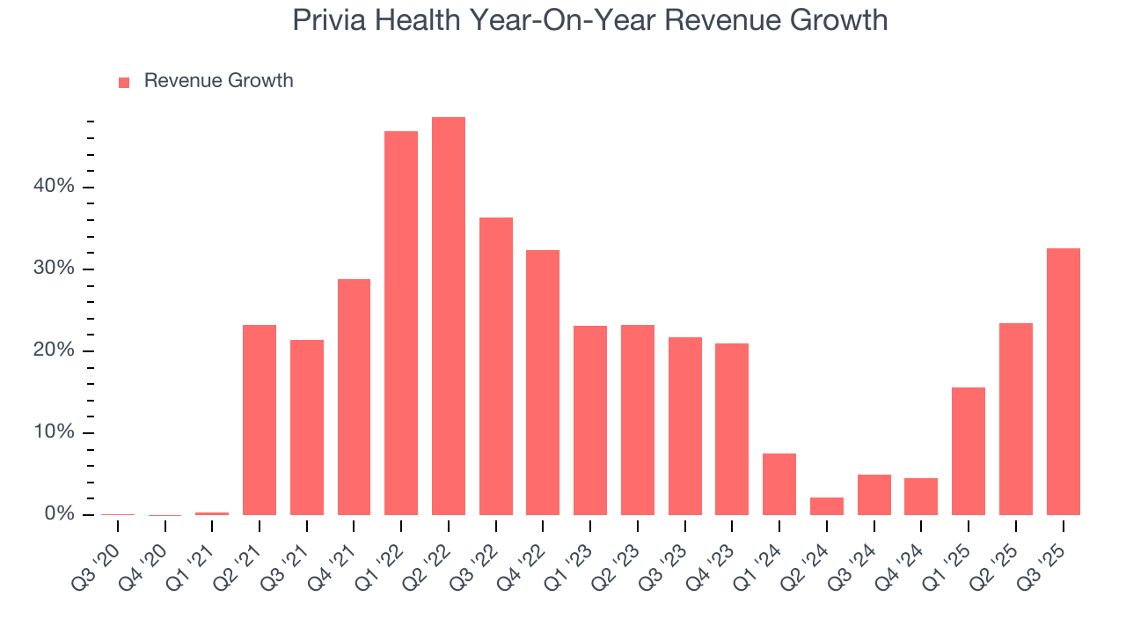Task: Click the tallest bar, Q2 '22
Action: click(449, 316)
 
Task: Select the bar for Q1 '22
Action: click(401, 323)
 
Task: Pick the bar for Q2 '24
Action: click(827, 506)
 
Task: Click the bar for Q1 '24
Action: click(779, 484)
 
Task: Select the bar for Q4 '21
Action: click(354, 397)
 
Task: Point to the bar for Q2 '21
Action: click(260, 420)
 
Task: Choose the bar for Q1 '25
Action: click(969, 451)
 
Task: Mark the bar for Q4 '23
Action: click(732, 429)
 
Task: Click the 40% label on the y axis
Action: click(55, 187)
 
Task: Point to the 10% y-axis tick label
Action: click(55, 432)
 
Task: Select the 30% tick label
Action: click(55, 269)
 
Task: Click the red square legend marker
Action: click(124, 82)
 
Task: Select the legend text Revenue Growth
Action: click(218, 81)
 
